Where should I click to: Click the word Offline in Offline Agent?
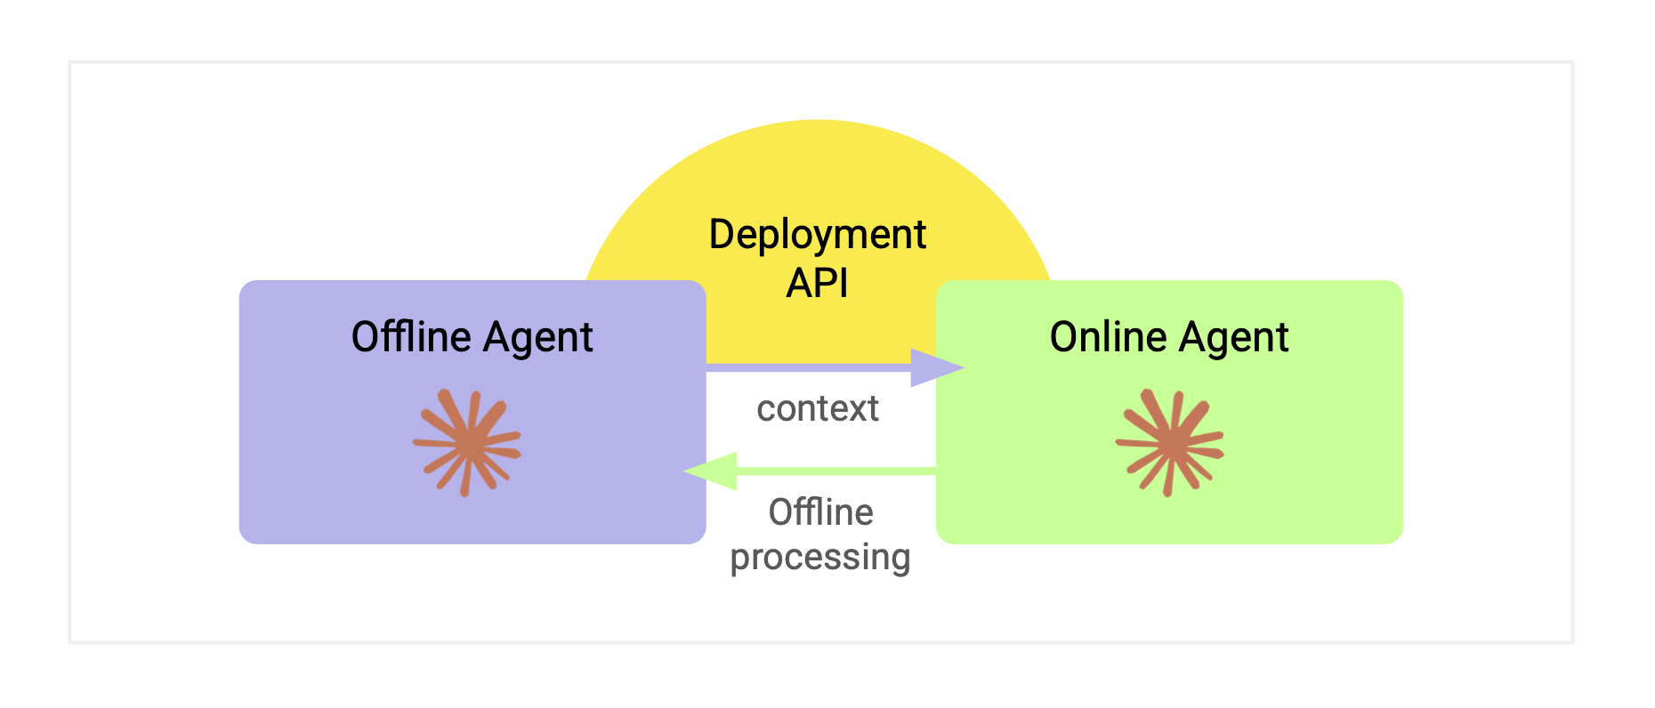(411, 337)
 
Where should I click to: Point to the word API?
(818, 284)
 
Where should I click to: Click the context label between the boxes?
(818, 409)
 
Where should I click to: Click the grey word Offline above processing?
(820, 512)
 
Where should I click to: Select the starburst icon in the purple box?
(467, 442)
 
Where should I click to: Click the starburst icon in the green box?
(1170, 442)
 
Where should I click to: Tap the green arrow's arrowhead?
(710, 471)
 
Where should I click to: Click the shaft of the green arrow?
(836, 471)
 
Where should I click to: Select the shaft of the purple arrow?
(809, 367)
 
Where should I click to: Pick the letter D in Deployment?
(722, 234)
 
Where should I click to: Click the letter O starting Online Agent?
(1064, 337)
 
